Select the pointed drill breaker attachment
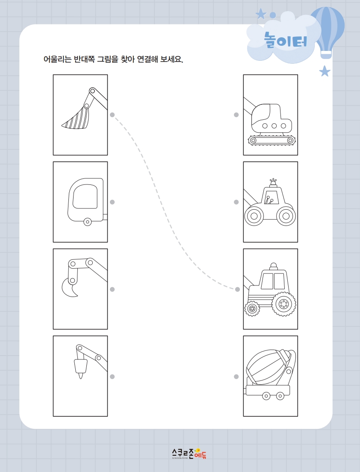81,368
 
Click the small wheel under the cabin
88,222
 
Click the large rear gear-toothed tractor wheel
284,304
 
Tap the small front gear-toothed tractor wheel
252,309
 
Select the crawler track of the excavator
271,140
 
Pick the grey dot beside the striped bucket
112,115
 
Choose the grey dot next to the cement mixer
236,377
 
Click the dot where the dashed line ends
237,289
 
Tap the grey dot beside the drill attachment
112,377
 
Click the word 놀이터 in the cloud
286,40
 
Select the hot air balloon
327,32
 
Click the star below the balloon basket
325,71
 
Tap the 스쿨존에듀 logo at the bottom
189,453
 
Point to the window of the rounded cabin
86,196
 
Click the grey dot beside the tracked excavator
236,115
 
